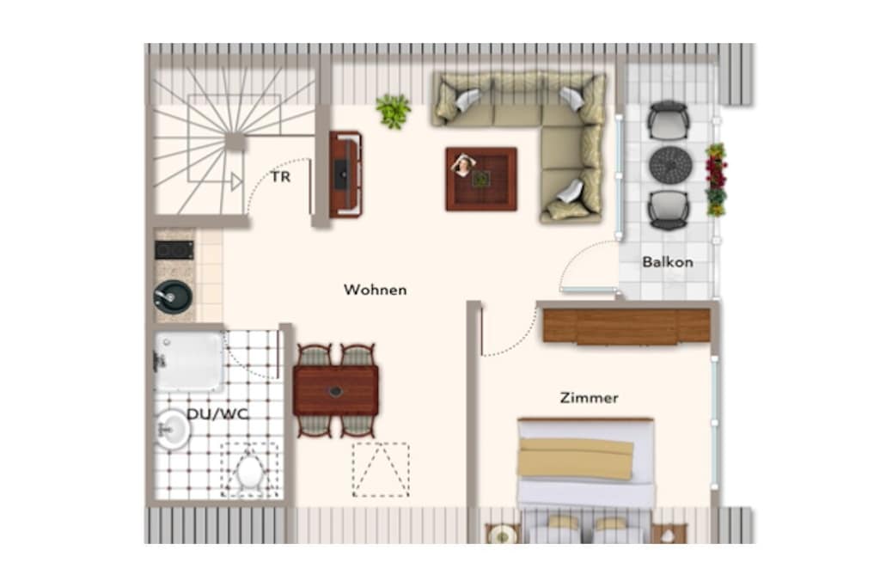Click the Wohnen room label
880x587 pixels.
pos(375,290)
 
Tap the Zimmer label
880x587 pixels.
pos(589,398)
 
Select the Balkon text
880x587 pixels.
pos(667,262)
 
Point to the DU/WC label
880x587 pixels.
pos(217,414)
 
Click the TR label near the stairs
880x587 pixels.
pos(281,177)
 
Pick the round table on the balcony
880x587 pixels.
pos(670,164)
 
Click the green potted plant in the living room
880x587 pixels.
pos(394,111)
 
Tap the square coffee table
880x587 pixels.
pos(481,179)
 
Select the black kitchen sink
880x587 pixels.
pos(174,297)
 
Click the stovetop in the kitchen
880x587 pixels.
pos(174,250)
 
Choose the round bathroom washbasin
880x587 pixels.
pos(172,430)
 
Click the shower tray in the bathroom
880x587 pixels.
pos(189,360)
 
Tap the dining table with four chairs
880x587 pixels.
pos(336,390)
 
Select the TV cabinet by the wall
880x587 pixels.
pos(345,174)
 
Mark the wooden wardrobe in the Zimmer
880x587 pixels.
pos(626,326)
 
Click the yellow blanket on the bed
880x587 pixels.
pos(577,458)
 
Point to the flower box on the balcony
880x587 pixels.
pos(716,180)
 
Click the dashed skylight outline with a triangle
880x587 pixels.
pos(381,470)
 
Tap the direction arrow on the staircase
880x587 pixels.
pos(236,181)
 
